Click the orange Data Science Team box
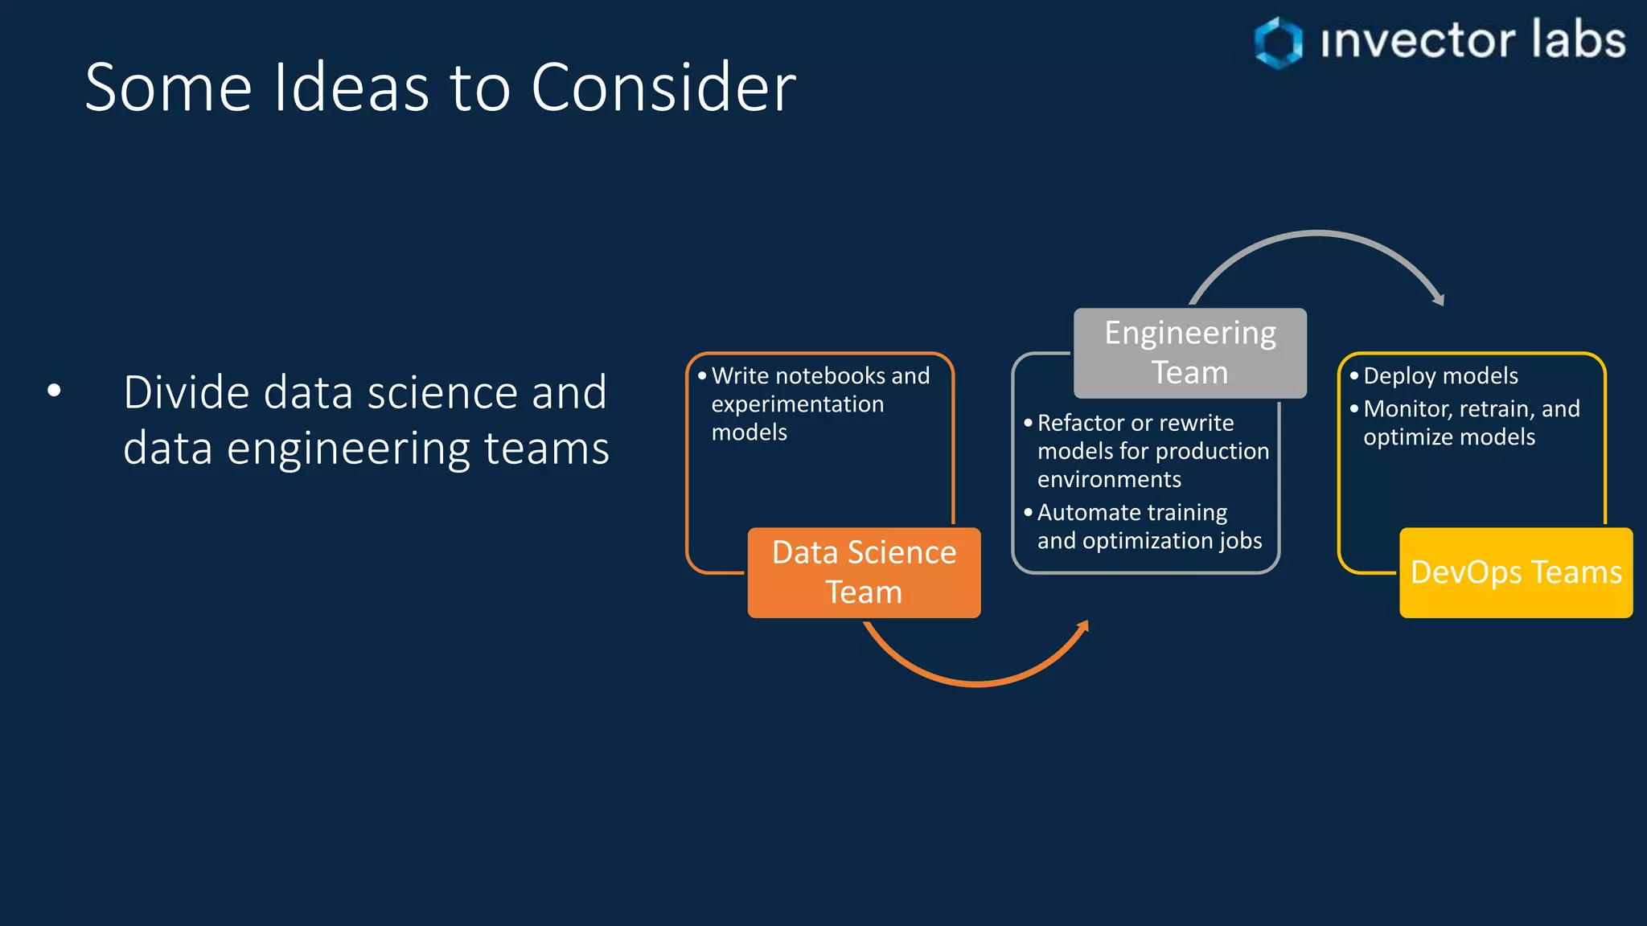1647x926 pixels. coord(864,572)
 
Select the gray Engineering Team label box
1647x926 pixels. coord(1189,353)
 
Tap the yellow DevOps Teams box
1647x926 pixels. coord(1516,572)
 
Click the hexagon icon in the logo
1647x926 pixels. coord(1278,42)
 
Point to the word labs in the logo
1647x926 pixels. coord(1578,40)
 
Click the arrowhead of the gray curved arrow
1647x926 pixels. coord(1439,299)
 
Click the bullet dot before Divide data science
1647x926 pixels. coord(54,391)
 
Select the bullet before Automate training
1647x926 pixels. coord(1028,512)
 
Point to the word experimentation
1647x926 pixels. coord(797,404)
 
